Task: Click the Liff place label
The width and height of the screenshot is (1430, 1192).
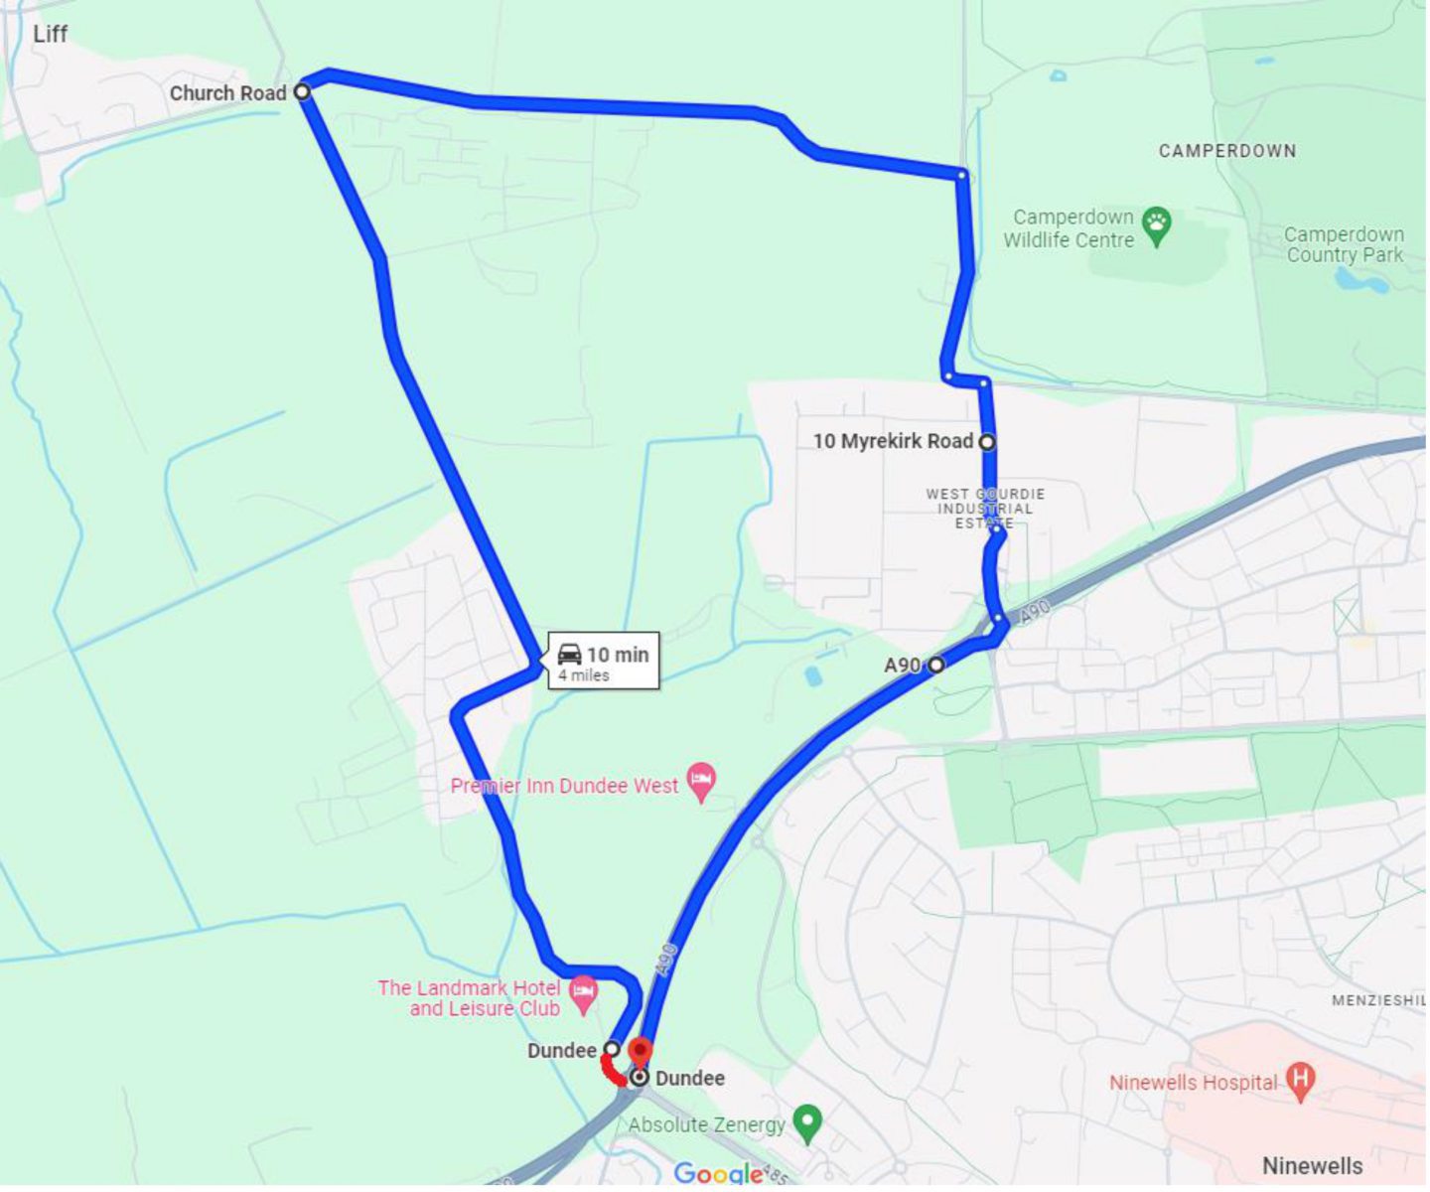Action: pos(50,35)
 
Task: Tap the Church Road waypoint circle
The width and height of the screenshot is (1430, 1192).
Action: pos(302,91)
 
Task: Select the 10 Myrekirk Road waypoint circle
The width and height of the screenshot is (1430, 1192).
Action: pos(987,442)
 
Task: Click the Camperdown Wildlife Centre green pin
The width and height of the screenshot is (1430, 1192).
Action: pos(1156,225)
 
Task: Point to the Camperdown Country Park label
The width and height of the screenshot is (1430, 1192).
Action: pos(1344,244)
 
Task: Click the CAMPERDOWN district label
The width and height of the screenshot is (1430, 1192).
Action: pos(1226,151)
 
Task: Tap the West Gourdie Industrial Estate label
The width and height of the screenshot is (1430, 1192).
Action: pos(985,509)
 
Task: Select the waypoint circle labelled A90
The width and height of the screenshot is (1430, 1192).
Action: pos(936,665)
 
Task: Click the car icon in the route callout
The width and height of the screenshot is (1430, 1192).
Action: pos(569,654)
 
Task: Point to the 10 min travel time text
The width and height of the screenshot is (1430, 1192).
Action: pos(617,655)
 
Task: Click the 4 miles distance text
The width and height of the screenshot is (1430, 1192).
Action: pos(583,675)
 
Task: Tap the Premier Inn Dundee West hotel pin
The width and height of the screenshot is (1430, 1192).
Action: pos(702,781)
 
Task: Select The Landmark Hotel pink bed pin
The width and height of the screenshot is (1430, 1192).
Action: pos(584,992)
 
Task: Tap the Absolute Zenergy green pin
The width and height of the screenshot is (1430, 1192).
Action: pos(808,1122)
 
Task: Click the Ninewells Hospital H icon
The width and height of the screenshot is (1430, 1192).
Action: pos(1300,1078)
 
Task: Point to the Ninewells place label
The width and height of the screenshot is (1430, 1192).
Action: pos(1312,1165)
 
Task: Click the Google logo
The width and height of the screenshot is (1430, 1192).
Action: pos(717,1174)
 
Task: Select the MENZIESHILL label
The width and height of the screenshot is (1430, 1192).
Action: pos(1377,1000)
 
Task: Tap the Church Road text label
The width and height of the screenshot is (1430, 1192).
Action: pos(227,93)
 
